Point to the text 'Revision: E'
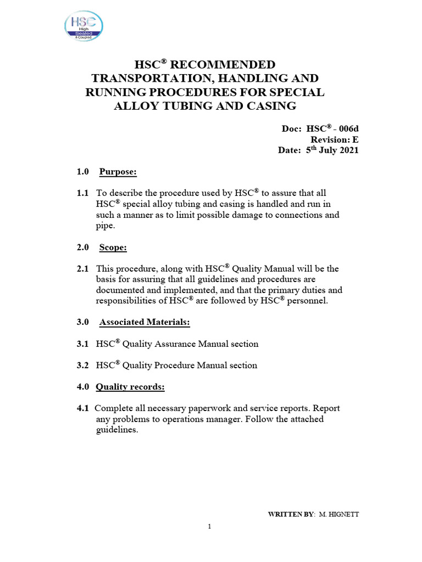[x=335, y=139]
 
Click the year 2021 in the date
[x=348, y=150]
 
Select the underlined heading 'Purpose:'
[x=118, y=172]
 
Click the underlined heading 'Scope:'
[x=113, y=248]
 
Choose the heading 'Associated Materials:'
[x=145, y=323]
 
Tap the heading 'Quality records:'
[x=130, y=387]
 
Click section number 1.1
[x=82, y=194]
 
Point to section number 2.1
[x=82, y=269]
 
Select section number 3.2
[x=82, y=366]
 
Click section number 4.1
[x=82, y=409]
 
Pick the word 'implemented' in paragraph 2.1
[x=182, y=290]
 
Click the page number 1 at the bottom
[x=210, y=527]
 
